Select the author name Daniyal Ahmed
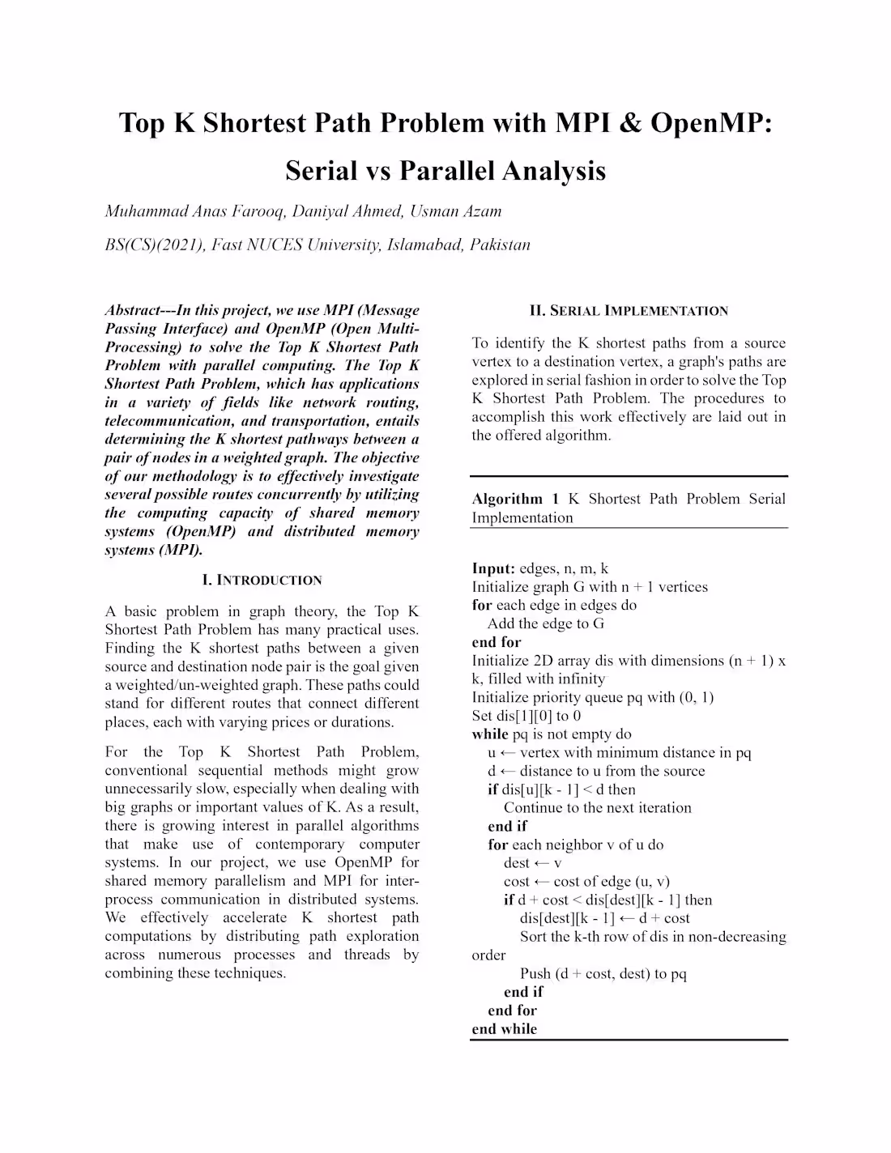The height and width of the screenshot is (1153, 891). coord(347,211)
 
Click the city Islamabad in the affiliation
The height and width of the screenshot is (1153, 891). coord(424,245)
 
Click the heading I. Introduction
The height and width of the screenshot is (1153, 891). coord(262,580)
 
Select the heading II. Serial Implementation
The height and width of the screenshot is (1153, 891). coord(629,311)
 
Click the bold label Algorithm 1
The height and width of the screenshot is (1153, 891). coord(515,499)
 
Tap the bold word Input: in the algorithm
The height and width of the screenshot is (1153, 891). coord(493,568)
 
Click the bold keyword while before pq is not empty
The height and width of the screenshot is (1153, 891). coord(490,734)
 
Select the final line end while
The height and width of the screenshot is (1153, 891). coord(505,1029)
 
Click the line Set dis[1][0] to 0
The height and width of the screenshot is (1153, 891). coord(526,716)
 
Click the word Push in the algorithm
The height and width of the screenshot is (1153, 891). coord(535,973)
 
